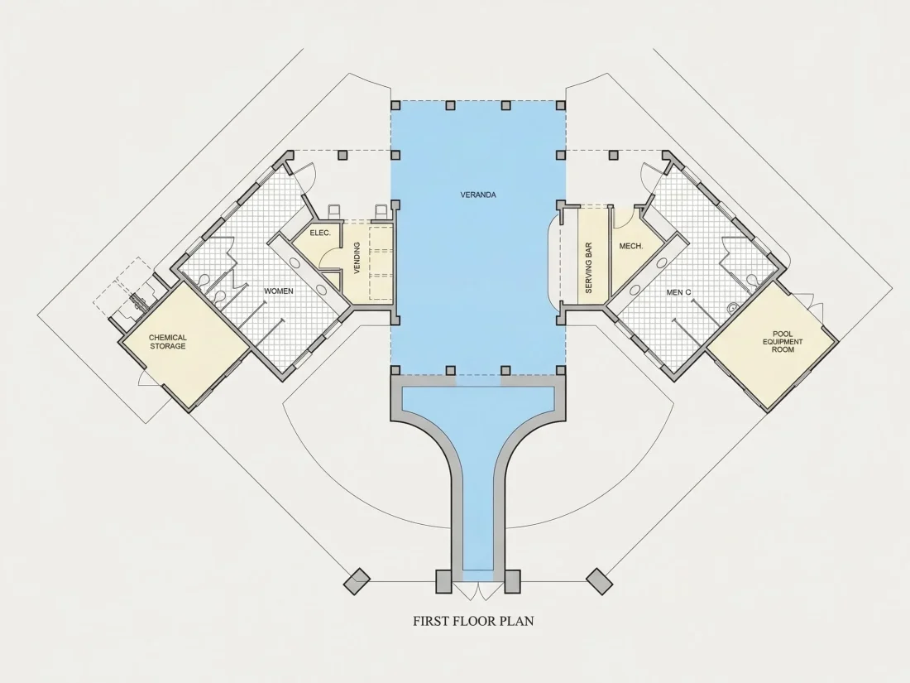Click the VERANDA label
point(478,195)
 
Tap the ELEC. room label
point(320,233)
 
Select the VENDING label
point(357,257)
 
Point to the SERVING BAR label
point(588,267)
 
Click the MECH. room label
point(631,246)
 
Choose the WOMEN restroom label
point(279,291)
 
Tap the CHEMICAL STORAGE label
point(168,341)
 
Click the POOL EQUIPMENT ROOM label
point(783,341)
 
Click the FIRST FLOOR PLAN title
point(473,621)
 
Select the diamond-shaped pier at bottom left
point(357,581)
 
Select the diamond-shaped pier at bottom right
point(600,581)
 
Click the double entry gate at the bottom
point(478,590)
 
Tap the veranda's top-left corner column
point(395,106)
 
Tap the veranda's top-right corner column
point(561,106)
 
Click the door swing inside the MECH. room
point(625,217)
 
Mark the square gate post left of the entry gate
point(444,581)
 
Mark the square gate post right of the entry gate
point(512,581)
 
